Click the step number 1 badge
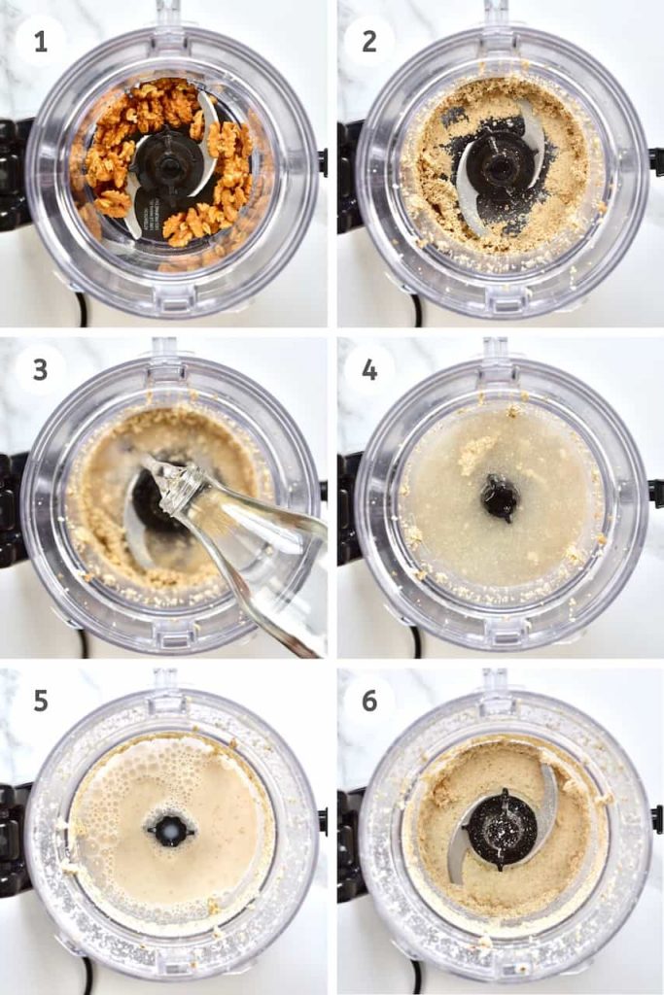coord(41,42)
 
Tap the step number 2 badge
coord(369,42)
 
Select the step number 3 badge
coord(41,369)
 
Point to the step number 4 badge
coord(369,369)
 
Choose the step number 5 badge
coord(41,701)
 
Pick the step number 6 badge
coord(369,701)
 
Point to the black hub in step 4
coord(500,498)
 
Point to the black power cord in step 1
coord(81,312)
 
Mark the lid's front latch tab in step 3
coord(171,631)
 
